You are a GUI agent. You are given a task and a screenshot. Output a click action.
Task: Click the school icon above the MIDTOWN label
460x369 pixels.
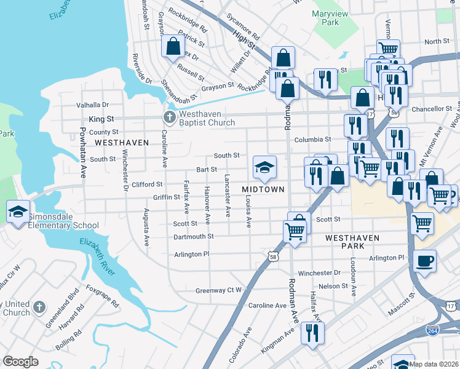pyautogui.click(x=264, y=167)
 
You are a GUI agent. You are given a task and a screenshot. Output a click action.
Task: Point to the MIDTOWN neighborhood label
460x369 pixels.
pyautogui.click(x=263, y=189)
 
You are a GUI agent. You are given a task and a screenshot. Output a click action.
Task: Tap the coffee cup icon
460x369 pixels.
pyautogui.click(x=424, y=261)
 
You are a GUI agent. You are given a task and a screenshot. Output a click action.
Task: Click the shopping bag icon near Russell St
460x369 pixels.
pyautogui.click(x=173, y=46)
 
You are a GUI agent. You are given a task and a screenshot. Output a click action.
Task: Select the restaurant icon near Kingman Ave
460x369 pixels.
pyautogui.click(x=312, y=333)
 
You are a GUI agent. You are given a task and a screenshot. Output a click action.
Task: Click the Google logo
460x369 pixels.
pyautogui.click(x=20, y=362)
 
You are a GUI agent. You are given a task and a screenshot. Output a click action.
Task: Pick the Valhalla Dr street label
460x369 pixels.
pyautogui.click(x=92, y=105)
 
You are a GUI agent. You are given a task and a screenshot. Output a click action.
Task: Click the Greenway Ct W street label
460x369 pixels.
pyautogui.click(x=219, y=290)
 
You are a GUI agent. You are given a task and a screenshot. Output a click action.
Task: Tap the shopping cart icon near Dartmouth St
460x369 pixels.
pyautogui.click(x=295, y=231)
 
